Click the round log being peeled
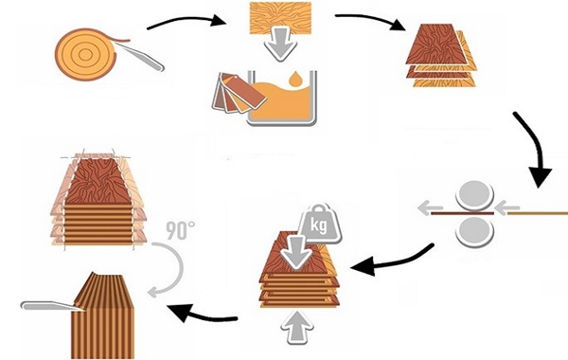click(x=86, y=54)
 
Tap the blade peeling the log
click(x=140, y=56)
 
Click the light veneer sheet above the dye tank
click(x=281, y=18)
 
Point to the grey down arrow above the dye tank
click(x=281, y=45)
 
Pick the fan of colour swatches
click(x=239, y=93)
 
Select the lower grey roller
click(x=474, y=231)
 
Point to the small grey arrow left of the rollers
click(x=430, y=208)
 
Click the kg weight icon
click(x=319, y=224)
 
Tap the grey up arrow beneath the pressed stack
click(x=297, y=328)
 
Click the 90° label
click(x=181, y=230)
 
